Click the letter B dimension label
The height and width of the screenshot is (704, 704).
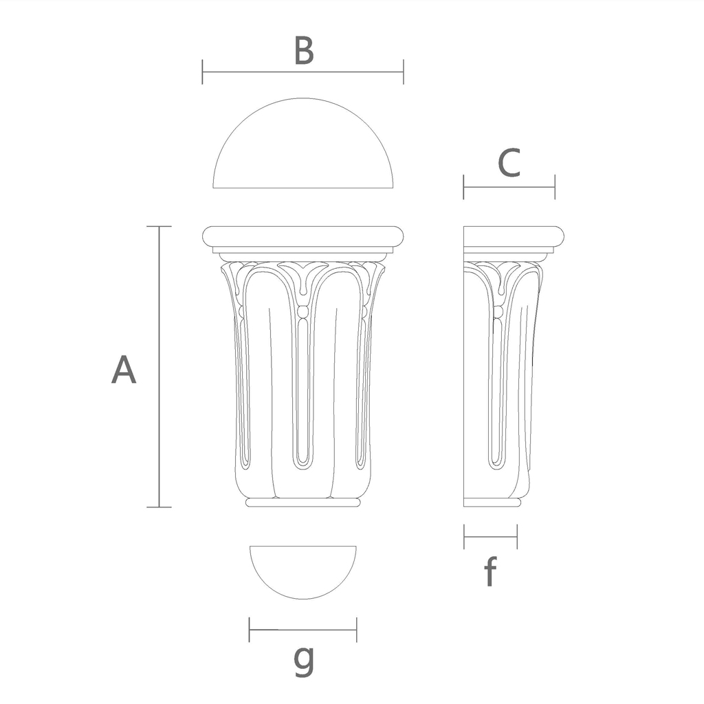(303, 50)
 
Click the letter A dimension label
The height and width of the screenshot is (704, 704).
(124, 370)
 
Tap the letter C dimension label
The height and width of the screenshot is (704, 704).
(509, 162)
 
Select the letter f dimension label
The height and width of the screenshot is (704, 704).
(490, 571)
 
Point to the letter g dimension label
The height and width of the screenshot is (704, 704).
(304, 660)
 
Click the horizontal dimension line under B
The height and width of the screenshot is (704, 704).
(303, 71)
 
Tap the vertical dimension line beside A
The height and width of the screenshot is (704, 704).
(159, 367)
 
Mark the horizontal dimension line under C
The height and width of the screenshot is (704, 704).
(509, 187)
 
